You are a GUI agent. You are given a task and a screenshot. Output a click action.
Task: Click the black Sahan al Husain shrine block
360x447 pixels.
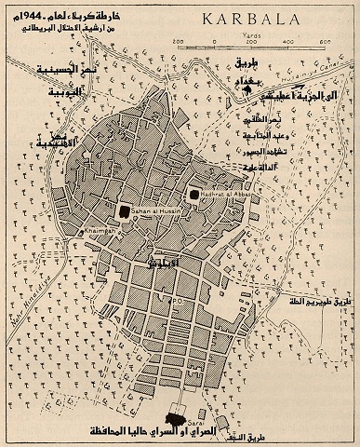(124, 211)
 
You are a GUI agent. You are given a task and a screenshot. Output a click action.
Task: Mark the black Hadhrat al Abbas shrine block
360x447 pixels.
(194, 195)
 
